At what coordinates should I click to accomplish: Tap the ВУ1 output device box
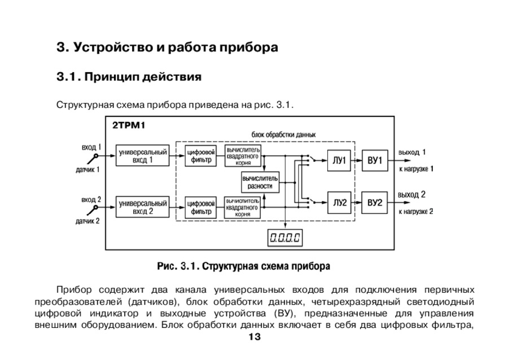pos(375,161)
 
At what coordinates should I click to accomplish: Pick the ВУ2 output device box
pos(375,203)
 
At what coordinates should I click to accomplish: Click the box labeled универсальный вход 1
pos(142,156)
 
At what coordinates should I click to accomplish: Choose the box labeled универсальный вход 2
pos(142,207)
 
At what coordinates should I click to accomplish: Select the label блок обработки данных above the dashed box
pos(283,135)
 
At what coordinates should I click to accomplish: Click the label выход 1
pos(412,152)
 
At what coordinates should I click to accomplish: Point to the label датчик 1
pos(88,169)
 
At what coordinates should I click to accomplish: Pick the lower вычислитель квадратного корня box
pos(243,207)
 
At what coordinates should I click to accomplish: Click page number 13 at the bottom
pos(254,337)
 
